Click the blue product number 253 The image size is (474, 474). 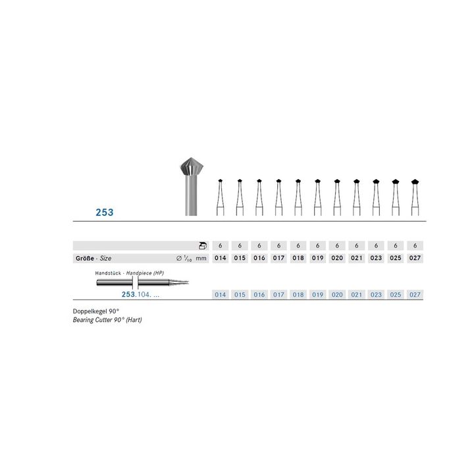pos(105,212)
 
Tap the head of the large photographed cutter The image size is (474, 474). pos(192,167)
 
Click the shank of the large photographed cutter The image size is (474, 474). pos(191,196)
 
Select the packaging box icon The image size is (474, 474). pos(203,246)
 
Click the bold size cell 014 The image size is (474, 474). pos(221,258)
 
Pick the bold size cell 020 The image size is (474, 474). pos(337,258)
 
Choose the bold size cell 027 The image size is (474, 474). pos(415,258)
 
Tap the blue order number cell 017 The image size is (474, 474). pos(278,295)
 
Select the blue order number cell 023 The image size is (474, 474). pos(376,295)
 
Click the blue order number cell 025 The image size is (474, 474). pos(396,295)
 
